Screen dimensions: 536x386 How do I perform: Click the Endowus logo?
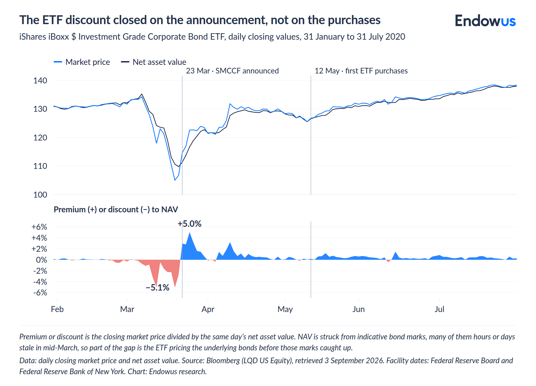(x=485, y=21)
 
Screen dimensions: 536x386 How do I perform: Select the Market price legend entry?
(x=82, y=62)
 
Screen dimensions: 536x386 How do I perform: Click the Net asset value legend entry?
(x=153, y=62)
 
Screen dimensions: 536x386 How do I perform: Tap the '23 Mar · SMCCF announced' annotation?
(x=232, y=71)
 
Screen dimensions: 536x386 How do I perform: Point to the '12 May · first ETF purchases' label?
(x=361, y=71)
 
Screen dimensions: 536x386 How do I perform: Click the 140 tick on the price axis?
(x=40, y=80)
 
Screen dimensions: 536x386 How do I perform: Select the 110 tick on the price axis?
(x=40, y=166)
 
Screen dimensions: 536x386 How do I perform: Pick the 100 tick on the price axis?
(x=40, y=195)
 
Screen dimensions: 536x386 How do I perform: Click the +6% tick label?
(x=39, y=227)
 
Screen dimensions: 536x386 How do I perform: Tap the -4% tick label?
(x=40, y=282)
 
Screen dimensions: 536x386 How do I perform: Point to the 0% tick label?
(x=42, y=260)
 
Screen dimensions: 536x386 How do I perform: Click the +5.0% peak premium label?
(x=189, y=224)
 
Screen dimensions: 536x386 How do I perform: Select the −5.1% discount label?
(x=158, y=288)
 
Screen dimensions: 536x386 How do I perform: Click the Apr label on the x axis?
(x=208, y=309)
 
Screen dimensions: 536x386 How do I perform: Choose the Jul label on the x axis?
(x=440, y=309)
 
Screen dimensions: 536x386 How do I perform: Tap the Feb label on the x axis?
(x=57, y=309)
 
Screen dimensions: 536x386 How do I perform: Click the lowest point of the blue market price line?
(x=175, y=180)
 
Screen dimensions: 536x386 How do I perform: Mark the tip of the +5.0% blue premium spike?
(x=190, y=232)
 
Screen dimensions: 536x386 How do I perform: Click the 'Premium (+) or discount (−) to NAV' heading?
(x=116, y=209)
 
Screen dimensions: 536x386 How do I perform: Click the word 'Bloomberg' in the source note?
(x=223, y=361)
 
